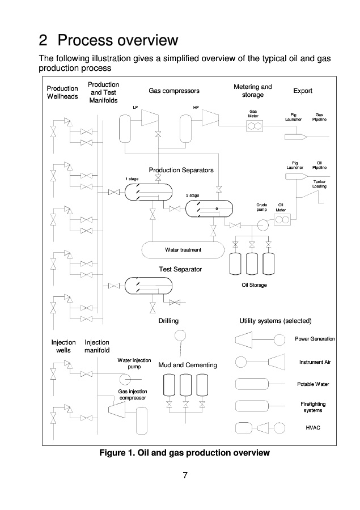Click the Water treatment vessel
[183, 249]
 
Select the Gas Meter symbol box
[253, 126]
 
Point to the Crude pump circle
[262, 224]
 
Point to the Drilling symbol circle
[179, 335]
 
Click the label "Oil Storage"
[254, 285]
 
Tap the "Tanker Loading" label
[320, 184]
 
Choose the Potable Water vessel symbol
[254, 384]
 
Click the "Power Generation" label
[315, 339]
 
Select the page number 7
[185, 475]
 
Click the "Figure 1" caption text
[184, 453]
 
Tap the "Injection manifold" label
[97, 346]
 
